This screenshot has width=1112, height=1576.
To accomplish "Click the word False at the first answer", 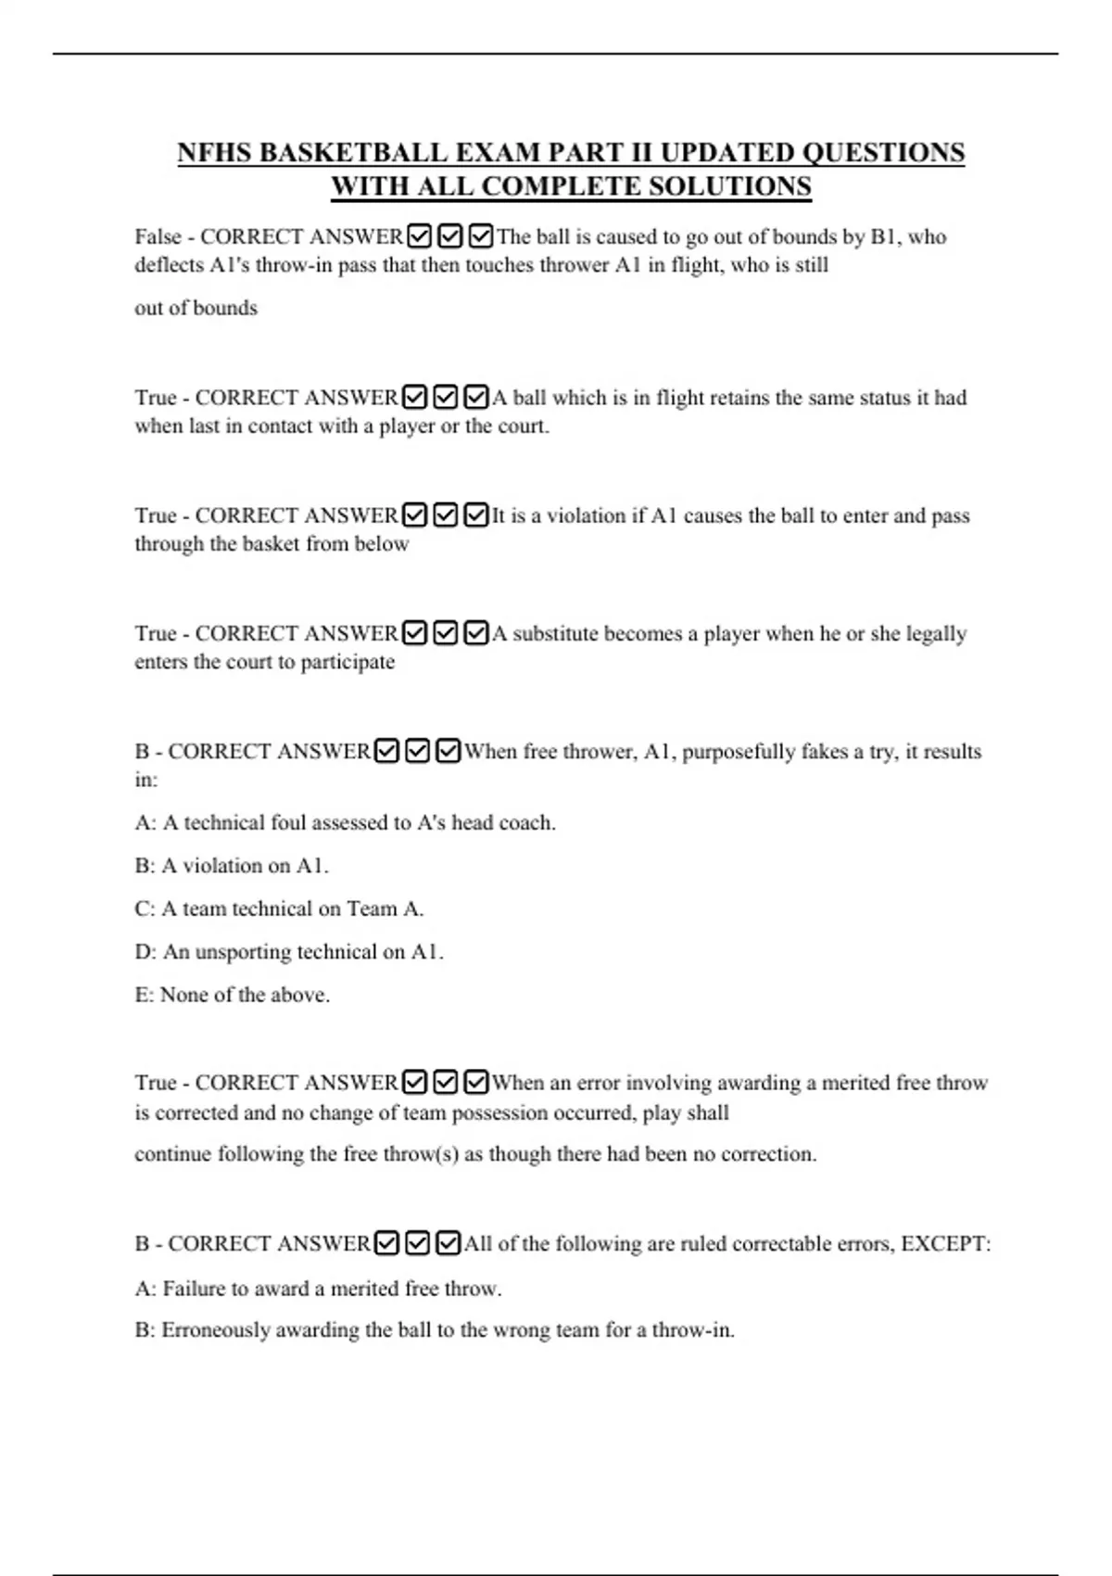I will click(158, 237).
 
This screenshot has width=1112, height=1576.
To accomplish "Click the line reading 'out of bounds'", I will click(196, 308).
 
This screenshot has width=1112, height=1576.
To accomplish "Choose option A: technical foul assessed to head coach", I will click(345, 823).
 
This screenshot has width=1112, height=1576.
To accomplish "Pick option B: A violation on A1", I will click(232, 866).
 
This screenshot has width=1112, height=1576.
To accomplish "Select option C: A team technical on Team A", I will click(279, 909).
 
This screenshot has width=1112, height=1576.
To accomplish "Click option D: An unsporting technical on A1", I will click(289, 952).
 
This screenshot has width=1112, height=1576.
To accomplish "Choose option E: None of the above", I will click(232, 995).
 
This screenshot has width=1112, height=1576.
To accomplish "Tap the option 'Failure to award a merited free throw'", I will click(318, 1289).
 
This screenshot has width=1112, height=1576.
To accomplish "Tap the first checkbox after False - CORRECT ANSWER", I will click(419, 237).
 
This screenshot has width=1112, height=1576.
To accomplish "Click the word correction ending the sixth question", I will click(767, 1154).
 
